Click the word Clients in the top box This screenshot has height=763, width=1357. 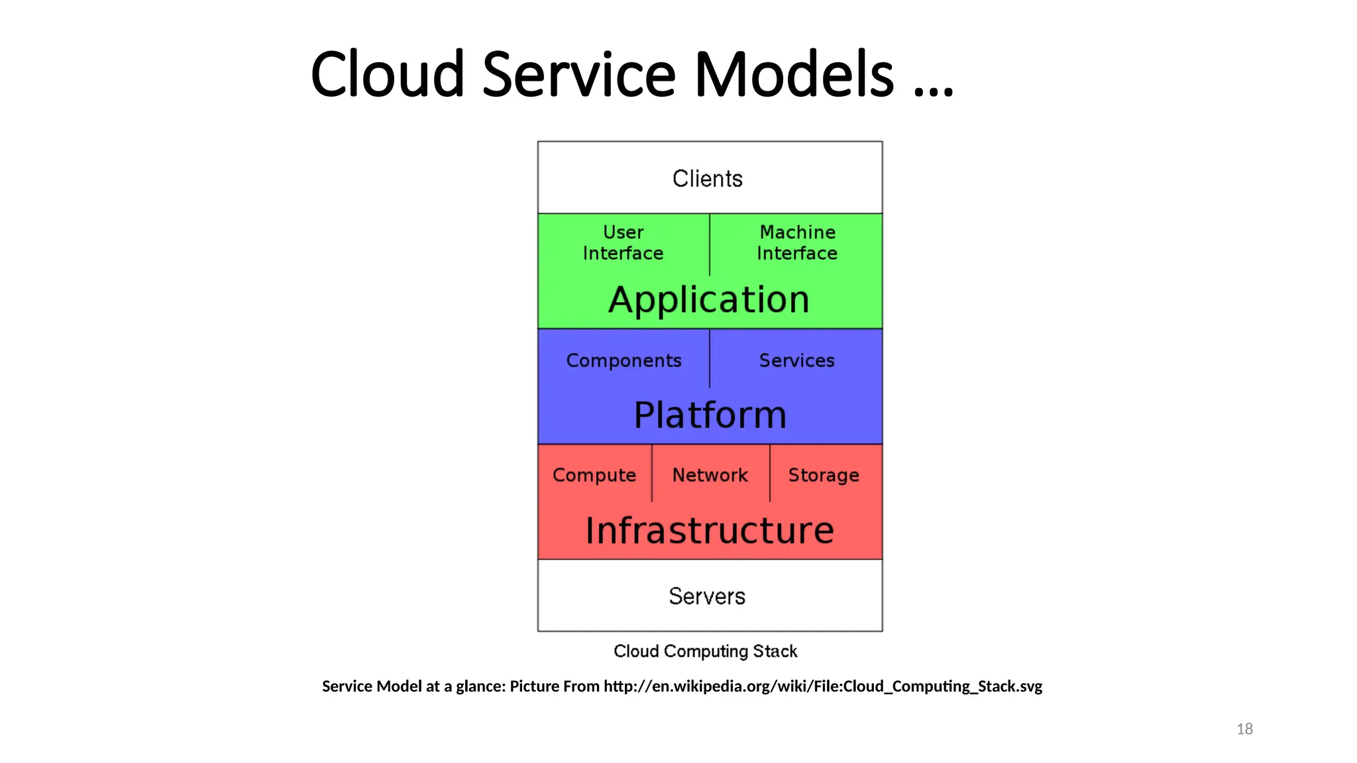707,179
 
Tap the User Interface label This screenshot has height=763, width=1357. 623,242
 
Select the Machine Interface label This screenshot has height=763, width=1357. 797,242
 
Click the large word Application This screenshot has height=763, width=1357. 709,300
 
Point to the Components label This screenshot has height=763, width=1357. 624,360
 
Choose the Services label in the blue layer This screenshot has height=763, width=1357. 796,360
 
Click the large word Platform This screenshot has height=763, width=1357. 710,415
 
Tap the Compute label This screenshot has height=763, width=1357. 594,475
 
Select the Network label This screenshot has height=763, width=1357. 710,475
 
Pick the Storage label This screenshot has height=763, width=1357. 824,475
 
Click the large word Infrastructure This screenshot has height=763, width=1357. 710,531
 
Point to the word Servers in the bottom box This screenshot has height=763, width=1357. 707,596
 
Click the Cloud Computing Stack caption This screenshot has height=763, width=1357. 705,651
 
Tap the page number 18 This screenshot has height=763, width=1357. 1244,729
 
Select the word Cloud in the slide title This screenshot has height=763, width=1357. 387,74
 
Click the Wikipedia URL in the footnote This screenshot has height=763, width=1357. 822,686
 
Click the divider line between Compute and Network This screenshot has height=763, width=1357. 652,473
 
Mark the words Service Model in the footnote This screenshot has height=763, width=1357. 372,686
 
